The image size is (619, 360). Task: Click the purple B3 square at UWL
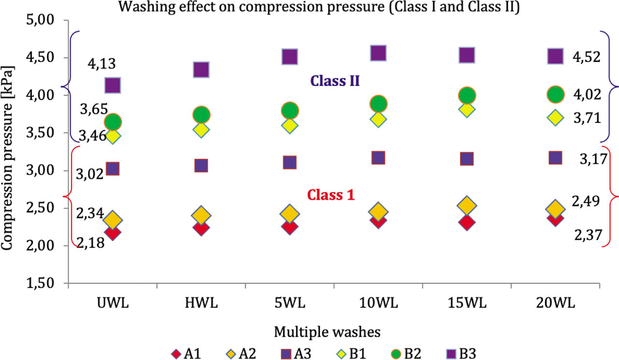[113, 86]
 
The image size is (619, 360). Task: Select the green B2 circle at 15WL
[467, 96]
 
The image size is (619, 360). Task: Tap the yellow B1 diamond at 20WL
[555, 117]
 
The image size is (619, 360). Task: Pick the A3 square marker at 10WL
[378, 158]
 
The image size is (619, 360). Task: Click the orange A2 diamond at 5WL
[289, 213]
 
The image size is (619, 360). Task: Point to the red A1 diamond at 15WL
[467, 223]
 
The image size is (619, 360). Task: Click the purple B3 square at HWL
[201, 70]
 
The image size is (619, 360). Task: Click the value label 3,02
[90, 173]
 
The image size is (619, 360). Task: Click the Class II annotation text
[334, 80]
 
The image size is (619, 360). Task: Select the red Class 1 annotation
[331, 195]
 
